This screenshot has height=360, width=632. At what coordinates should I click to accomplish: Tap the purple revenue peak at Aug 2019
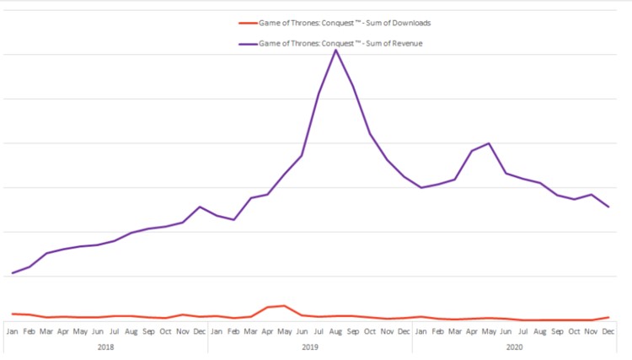pyautogui.click(x=336, y=50)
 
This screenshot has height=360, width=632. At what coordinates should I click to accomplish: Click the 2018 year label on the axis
pyautogui.click(x=106, y=347)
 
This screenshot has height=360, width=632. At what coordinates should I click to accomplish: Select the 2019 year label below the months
pyautogui.click(x=310, y=347)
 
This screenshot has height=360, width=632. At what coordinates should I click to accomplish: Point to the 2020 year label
pyautogui.click(x=515, y=347)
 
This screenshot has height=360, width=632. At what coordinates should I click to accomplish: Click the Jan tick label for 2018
pyautogui.click(x=12, y=331)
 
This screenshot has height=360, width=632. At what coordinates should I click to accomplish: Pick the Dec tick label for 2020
pyautogui.click(x=608, y=331)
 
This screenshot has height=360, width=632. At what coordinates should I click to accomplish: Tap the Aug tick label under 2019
pyautogui.click(x=336, y=331)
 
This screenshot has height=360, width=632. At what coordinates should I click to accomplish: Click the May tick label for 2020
pyautogui.click(x=490, y=331)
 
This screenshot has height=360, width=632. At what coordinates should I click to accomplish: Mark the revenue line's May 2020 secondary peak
pyautogui.click(x=489, y=143)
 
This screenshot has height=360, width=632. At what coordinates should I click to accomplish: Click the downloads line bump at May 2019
pyautogui.click(x=285, y=306)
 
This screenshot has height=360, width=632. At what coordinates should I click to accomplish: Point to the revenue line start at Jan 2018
pyautogui.click(x=12, y=273)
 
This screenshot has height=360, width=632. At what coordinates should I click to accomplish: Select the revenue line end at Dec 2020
pyautogui.click(x=608, y=207)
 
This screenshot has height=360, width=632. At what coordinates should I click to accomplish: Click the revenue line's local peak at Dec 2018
pyautogui.click(x=200, y=207)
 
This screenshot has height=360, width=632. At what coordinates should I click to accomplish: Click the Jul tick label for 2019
pyautogui.click(x=319, y=331)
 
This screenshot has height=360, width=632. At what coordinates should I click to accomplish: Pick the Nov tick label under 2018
pyautogui.click(x=182, y=331)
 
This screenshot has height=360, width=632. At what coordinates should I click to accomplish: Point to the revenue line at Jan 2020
pyautogui.click(x=421, y=187)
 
